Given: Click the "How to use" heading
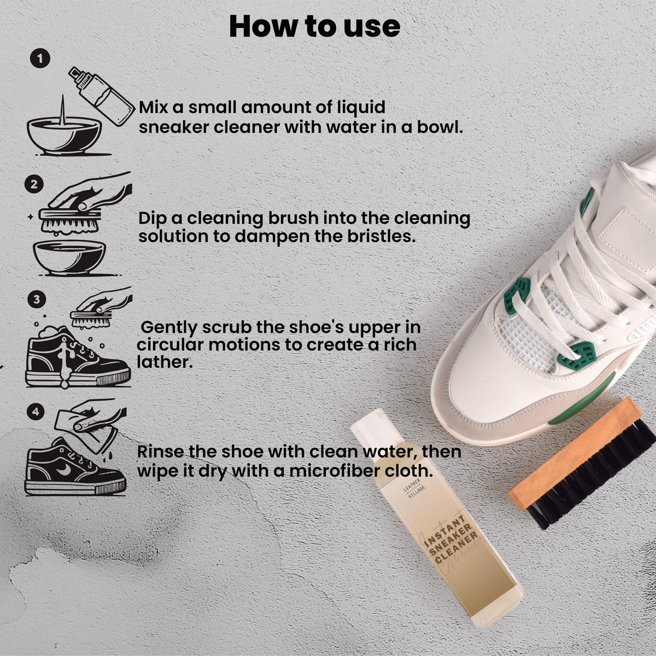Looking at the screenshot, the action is click(x=314, y=27).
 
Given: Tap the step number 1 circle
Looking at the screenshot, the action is click(x=40, y=59).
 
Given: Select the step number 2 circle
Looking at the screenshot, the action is click(x=34, y=184).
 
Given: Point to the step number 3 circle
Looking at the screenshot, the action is click(x=37, y=299).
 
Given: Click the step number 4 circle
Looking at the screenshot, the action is click(x=36, y=412).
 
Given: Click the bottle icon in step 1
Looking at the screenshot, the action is click(x=102, y=96).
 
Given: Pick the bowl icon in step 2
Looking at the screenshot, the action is click(x=70, y=257).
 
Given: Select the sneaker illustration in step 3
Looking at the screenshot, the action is click(x=78, y=357).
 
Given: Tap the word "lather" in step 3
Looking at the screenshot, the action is click(x=165, y=362).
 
